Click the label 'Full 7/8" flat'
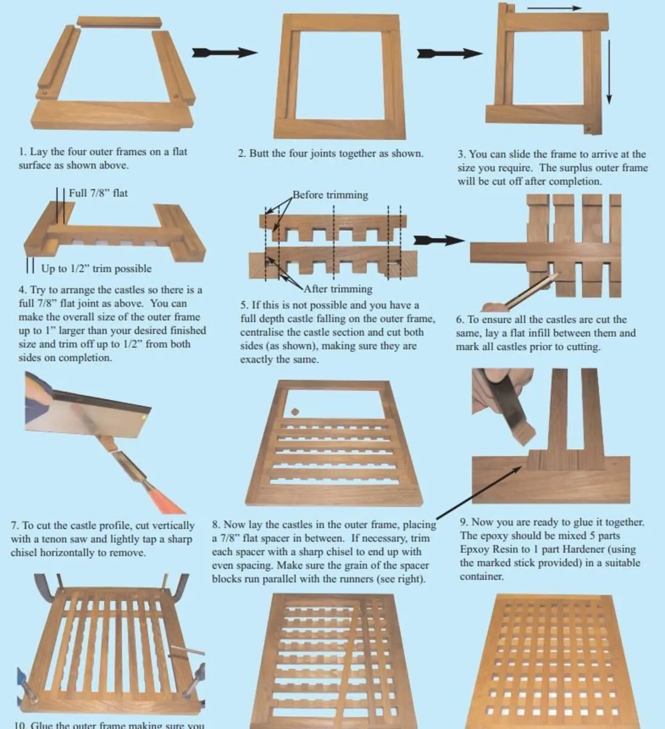pos(98,193)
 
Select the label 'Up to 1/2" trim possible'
pos(96,269)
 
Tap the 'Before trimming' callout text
pos(330,195)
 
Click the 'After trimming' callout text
pos(338,289)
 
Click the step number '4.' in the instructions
pos(23,290)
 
